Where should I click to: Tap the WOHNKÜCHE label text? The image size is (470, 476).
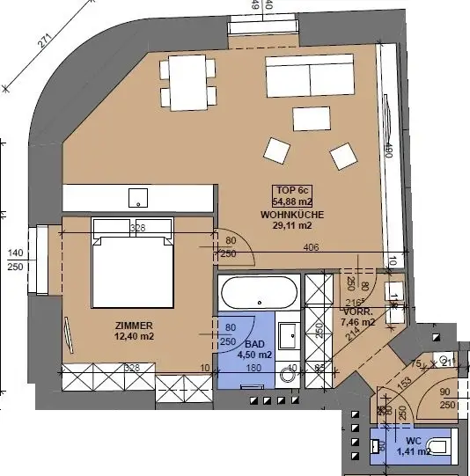pos(294,215)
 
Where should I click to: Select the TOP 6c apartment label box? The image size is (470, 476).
pos(294,197)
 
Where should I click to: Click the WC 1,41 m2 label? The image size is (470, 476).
pos(412,446)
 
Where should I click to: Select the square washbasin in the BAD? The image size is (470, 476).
pos(288,335)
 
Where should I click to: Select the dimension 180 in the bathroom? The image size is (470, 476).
pos(253,369)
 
